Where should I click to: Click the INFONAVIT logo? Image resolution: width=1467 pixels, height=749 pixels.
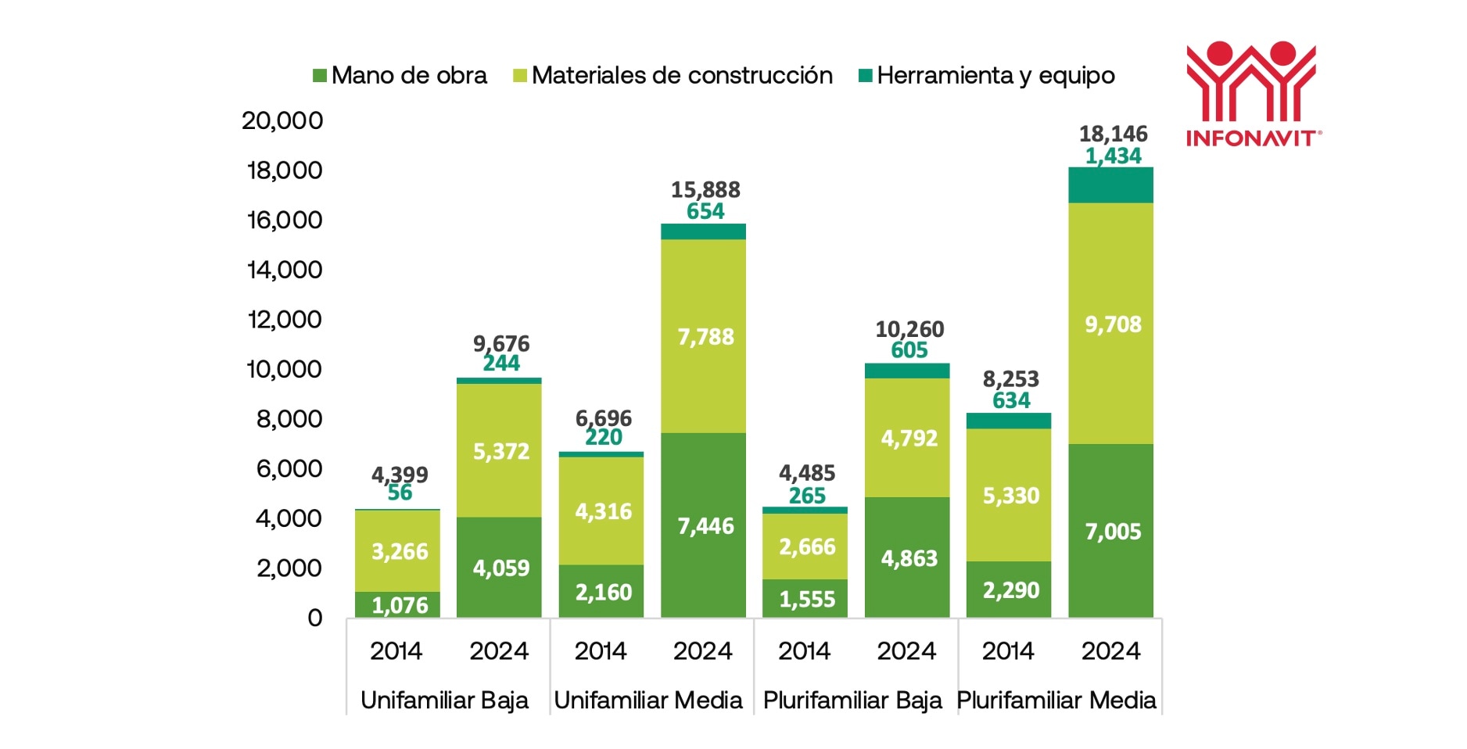tap(1252, 94)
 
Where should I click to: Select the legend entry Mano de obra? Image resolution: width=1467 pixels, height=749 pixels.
tap(400, 76)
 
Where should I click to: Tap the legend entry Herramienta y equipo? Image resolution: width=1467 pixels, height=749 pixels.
tap(986, 76)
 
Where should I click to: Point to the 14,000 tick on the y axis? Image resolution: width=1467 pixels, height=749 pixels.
tap(285, 270)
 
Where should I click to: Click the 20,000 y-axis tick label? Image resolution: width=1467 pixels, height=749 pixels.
tap(282, 120)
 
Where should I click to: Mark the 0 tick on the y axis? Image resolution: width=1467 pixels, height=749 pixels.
tap(314, 618)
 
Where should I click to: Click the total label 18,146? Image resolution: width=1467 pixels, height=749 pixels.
tap(1113, 134)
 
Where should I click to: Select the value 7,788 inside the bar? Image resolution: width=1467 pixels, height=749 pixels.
tap(705, 337)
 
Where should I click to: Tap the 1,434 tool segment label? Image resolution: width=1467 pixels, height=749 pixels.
tap(1113, 156)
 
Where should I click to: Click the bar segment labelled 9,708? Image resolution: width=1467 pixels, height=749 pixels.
tap(1112, 324)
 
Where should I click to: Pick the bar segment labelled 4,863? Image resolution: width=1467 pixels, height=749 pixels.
tap(909, 558)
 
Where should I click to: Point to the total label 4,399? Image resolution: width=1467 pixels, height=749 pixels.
tap(400, 474)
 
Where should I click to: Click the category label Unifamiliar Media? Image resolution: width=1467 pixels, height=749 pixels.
tap(648, 700)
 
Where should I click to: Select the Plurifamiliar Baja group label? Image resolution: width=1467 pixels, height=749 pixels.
tap(852, 700)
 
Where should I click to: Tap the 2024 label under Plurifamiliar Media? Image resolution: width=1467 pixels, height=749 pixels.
tap(1110, 650)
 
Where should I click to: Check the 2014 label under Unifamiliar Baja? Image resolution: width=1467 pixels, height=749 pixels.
tap(396, 650)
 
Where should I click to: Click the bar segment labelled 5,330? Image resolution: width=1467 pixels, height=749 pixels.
tap(1010, 495)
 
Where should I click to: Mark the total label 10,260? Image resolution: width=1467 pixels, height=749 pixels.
tap(909, 329)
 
